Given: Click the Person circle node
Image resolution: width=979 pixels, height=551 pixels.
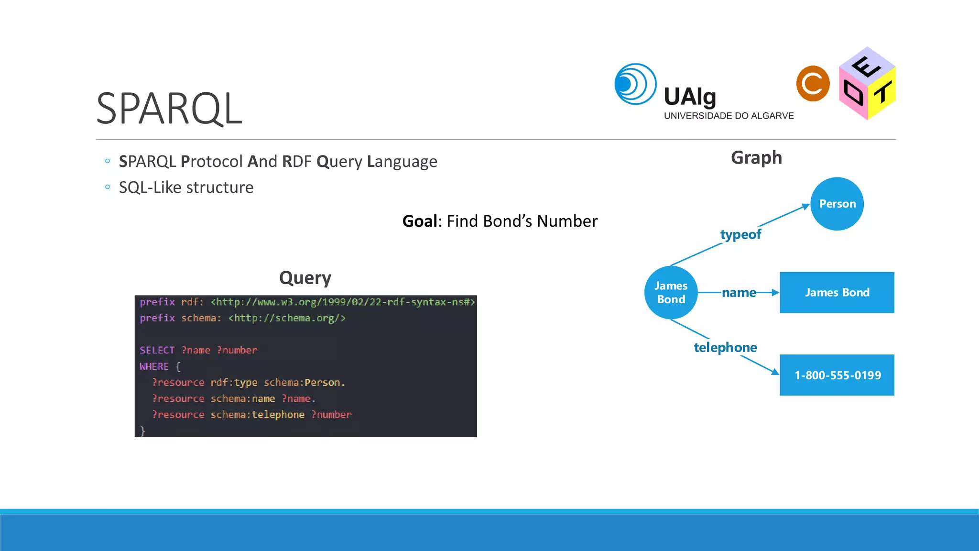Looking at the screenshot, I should [x=837, y=204].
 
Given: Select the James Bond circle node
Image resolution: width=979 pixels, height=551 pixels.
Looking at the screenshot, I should [x=671, y=292].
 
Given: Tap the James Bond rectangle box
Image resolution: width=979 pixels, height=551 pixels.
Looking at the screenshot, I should [x=837, y=292].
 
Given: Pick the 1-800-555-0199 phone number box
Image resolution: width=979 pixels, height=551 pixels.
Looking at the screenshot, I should [x=837, y=375].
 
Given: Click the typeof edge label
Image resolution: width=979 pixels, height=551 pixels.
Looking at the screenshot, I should [x=740, y=234].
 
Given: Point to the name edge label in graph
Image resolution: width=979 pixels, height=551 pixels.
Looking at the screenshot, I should [x=739, y=292].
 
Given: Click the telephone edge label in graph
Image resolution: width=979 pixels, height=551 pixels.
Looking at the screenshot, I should [x=725, y=347].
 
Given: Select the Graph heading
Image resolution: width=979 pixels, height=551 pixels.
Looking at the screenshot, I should [x=756, y=157].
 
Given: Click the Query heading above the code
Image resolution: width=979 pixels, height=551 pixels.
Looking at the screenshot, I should [x=305, y=278].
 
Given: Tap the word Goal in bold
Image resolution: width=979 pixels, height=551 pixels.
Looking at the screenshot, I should [x=420, y=221].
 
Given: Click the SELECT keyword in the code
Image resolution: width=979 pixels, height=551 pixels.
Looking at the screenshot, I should [x=157, y=350].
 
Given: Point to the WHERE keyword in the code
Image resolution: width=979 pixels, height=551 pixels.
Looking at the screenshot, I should [x=154, y=366].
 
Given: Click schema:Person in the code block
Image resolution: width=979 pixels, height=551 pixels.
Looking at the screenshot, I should [x=304, y=383].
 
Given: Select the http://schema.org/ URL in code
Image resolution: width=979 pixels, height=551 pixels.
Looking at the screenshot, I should [x=287, y=318].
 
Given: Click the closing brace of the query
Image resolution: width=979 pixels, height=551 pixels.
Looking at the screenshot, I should [x=142, y=430].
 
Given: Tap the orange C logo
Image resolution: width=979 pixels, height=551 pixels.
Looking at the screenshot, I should [x=813, y=84].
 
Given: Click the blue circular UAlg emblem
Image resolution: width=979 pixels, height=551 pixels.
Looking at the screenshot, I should [x=635, y=84].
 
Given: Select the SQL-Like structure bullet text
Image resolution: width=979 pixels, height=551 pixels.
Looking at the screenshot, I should [x=186, y=187].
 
